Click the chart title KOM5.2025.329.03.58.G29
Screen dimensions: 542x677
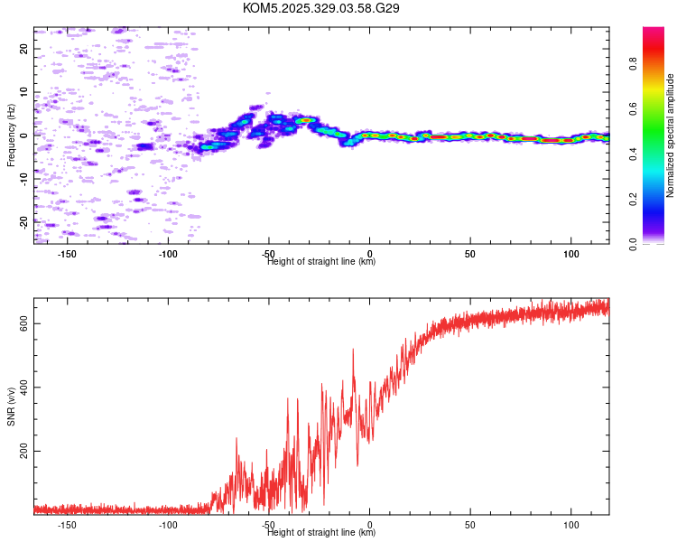[x=321, y=8]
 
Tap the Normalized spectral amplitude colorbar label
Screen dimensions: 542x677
[x=671, y=135]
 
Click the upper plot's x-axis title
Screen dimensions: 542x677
[x=321, y=262]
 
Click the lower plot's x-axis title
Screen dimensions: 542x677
[x=321, y=533]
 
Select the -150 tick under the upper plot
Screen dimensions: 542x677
[x=67, y=254]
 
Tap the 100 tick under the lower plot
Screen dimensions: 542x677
[x=570, y=525]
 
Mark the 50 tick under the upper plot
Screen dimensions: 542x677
[x=470, y=254]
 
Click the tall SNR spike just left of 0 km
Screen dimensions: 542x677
[x=353, y=350]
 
